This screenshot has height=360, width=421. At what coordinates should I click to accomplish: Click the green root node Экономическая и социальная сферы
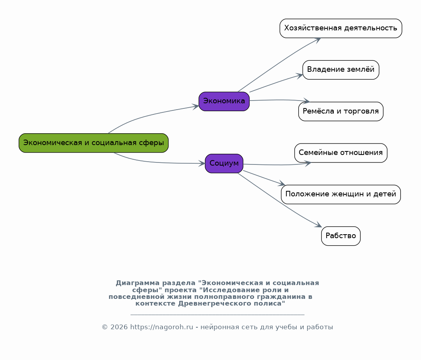coord(94,143)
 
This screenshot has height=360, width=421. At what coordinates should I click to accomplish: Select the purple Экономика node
coord(224,101)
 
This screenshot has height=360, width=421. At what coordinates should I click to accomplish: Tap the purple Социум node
coord(224,163)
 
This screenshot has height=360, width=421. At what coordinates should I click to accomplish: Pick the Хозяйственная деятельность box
coord(341,28)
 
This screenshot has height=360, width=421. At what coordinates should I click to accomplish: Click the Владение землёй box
coord(341,70)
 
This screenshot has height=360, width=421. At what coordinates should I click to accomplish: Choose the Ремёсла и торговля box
coord(341,111)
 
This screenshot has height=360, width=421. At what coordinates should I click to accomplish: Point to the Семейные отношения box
coord(341,153)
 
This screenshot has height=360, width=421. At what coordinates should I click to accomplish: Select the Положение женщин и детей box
coord(341,194)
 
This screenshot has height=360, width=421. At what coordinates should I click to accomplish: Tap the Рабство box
coord(341,236)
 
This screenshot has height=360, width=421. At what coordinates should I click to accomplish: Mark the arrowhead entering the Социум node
coord(202,163)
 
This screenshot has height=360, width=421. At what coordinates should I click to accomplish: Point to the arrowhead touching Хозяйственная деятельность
coord(317,40)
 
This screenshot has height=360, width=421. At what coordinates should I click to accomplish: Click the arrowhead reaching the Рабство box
coord(318,225)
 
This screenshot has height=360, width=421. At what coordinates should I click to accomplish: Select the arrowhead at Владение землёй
coord(299,76)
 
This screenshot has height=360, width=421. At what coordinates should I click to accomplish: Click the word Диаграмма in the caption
coord(137,283)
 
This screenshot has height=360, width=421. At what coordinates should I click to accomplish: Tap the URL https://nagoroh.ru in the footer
coord(162,327)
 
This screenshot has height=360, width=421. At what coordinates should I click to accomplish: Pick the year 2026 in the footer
coord(119,327)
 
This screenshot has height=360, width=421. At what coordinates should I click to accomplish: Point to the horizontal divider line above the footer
coord(217,314)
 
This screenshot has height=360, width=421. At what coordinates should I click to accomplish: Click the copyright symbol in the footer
coord(105,327)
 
